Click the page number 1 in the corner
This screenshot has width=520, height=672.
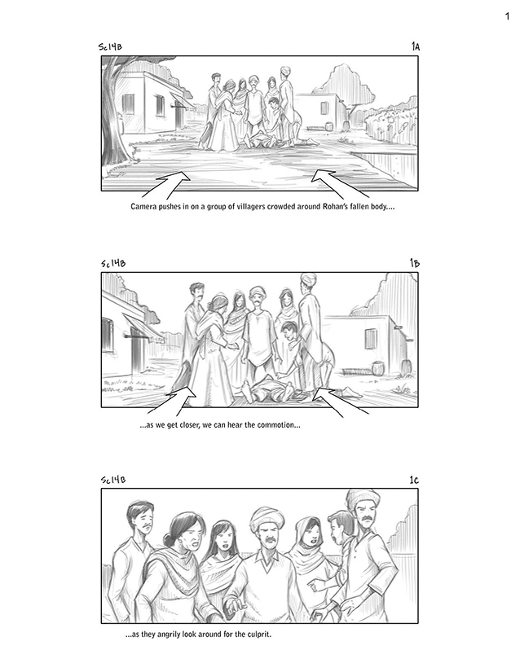[x=508, y=16]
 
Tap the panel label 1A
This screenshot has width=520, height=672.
[x=415, y=46]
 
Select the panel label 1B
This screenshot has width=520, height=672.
[x=415, y=263]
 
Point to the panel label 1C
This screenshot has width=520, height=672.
[x=414, y=480]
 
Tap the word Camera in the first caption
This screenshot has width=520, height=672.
[x=143, y=207]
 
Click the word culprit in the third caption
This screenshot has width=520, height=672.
[x=259, y=635]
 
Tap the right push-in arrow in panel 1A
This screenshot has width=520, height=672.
[x=339, y=184]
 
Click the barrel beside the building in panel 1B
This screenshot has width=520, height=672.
[x=377, y=367]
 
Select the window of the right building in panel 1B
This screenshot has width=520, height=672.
[x=371, y=340]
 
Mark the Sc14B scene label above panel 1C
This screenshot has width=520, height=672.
[x=113, y=480]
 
